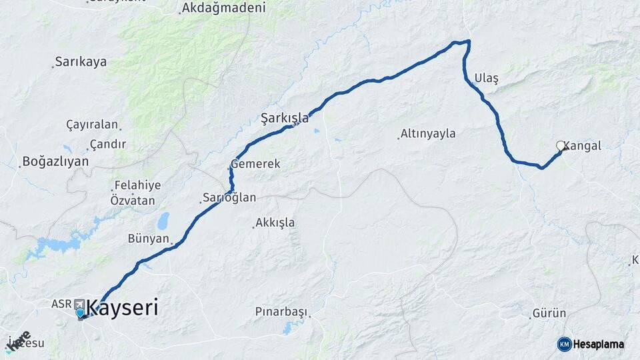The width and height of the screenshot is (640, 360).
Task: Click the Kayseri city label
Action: [x=123, y=308]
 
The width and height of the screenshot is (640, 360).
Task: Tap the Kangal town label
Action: [x=584, y=145]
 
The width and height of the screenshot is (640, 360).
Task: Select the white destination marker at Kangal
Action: [x=561, y=145]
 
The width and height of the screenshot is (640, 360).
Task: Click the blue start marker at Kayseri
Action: [x=80, y=313]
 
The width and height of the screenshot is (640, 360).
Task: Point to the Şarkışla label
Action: [x=285, y=118]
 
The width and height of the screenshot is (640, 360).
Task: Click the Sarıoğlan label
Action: [x=229, y=197]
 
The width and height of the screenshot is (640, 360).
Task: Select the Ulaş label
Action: [x=486, y=79]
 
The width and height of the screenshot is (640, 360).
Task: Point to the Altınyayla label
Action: [x=428, y=133]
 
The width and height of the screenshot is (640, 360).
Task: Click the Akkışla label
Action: [x=275, y=222]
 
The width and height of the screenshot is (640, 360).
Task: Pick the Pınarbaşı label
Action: [x=281, y=311]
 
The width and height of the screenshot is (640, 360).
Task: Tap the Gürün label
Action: [x=549, y=313]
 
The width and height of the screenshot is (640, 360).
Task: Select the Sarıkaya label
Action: [x=81, y=61]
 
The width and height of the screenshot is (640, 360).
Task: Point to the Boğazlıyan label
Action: [x=55, y=161]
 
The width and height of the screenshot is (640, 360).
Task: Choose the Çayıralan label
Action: [x=91, y=125]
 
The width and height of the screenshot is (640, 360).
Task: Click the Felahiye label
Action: [x=137, y=185]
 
